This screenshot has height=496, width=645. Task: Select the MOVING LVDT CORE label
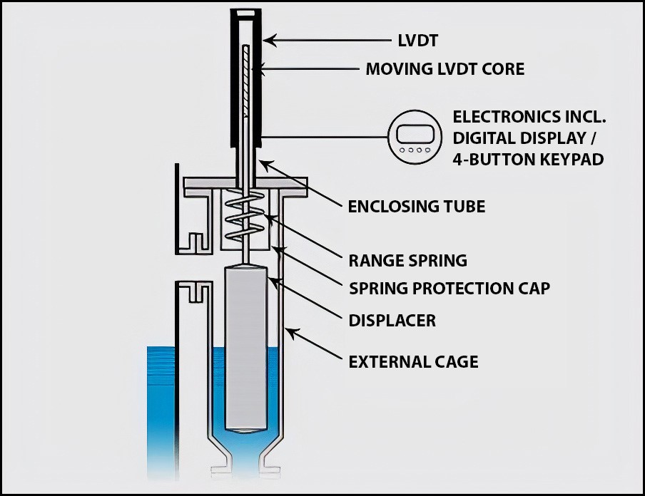(x=445, y=69)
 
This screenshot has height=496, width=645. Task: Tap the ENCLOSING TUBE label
(x=416, y=207)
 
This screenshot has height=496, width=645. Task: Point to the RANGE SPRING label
(x=407, y=261)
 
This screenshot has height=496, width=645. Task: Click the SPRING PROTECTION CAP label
(x=450, y=289)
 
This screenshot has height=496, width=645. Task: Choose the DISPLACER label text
(x=392, y=321)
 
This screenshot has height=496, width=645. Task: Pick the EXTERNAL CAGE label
(x=413, y=362)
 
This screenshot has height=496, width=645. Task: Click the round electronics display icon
(x=413, y=136)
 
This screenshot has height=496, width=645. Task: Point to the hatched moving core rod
(x=245, y=82)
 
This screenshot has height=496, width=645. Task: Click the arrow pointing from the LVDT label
(x=328, y=41)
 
